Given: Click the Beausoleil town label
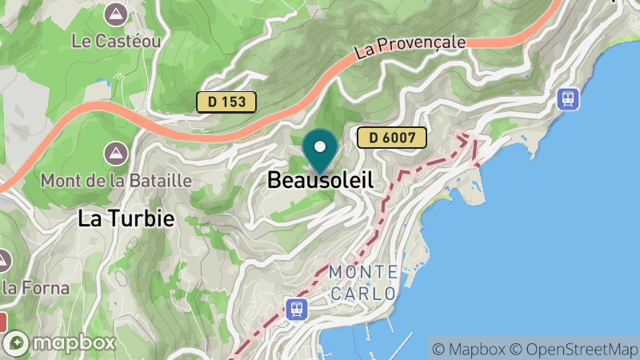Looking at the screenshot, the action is pos(320,181).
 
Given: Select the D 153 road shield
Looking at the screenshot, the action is pos(227,102).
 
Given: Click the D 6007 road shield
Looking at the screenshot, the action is pos(392,138).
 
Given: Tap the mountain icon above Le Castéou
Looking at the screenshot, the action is pos(118,14).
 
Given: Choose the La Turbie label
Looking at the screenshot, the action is pos(126,219).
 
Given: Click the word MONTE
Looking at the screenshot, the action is pos(362,272).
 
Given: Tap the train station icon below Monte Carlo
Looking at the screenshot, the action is pos(297,308).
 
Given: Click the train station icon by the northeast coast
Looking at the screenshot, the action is pos(569,98).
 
